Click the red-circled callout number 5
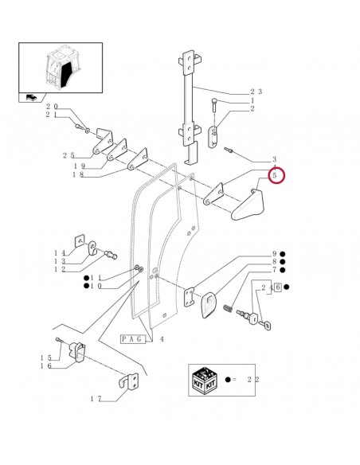(x=274, y=175)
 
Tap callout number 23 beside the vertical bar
(x=256, y=92)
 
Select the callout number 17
(x=96, y=399)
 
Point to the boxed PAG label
(x=133, y=339)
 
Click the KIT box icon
(x=205, y=381)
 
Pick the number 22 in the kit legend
(x=253, y=379)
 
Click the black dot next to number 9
(x=283, y=254)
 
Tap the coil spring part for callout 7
(x=228, y=308)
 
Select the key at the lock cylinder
(x=264, y=326)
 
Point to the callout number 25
(x=68, y=155)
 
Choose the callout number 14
(x=60, y=253)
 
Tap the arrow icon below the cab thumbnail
(x=31, y=97)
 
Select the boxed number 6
(x=278, y=287)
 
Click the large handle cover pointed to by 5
(x=248, y=205)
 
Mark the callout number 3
(x=274, y=159)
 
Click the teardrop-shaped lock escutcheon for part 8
(x=209, y=305)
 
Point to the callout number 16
(x=46, y=366)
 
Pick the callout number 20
(x=52, y=107)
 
